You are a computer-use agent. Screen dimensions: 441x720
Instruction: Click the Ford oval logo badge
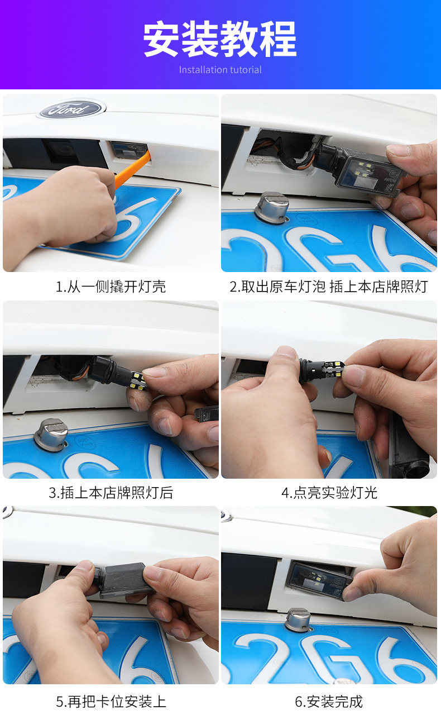tap(73, 109)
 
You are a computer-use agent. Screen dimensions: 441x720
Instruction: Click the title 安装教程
tap(220, 39)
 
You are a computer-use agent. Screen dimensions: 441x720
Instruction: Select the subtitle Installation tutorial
tap(220, 70)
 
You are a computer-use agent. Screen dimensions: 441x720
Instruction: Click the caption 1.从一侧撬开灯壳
tap(111, 287)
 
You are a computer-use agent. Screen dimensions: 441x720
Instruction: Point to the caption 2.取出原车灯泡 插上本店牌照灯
tap(329, 287)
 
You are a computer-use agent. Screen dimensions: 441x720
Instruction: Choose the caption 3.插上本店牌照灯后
tap(111, 493)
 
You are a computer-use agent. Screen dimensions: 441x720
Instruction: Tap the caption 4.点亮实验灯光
tap(329, 493)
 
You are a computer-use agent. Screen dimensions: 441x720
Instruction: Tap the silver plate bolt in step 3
tap(51, 435)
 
